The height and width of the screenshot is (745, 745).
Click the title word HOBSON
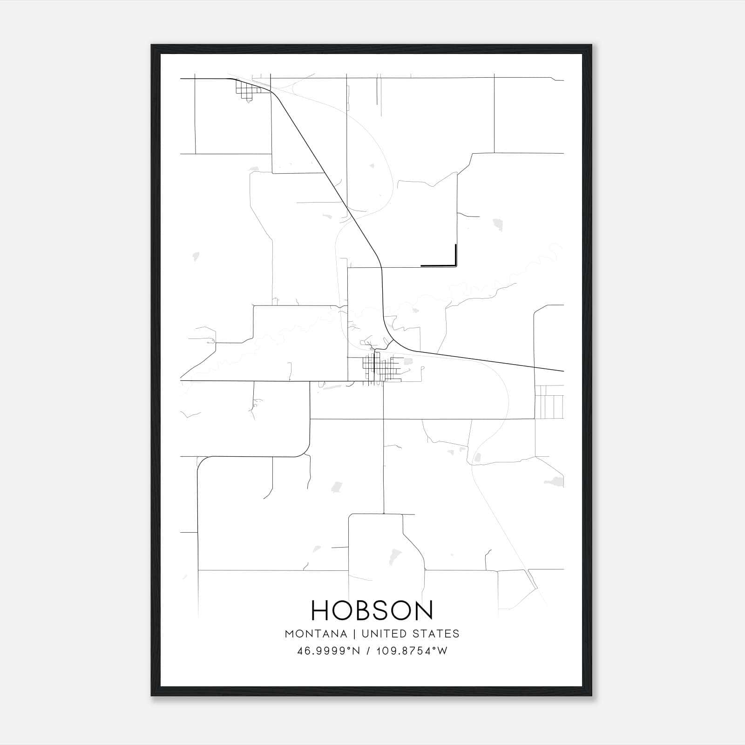372,610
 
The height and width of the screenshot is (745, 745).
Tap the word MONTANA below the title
316,634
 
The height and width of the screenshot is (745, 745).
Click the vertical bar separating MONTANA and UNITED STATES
354,634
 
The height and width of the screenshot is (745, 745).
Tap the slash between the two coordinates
369,651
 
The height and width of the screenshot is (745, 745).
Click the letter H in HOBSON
320,610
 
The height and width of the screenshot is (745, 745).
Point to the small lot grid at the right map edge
549,401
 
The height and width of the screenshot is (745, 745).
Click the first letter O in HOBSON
344,610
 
